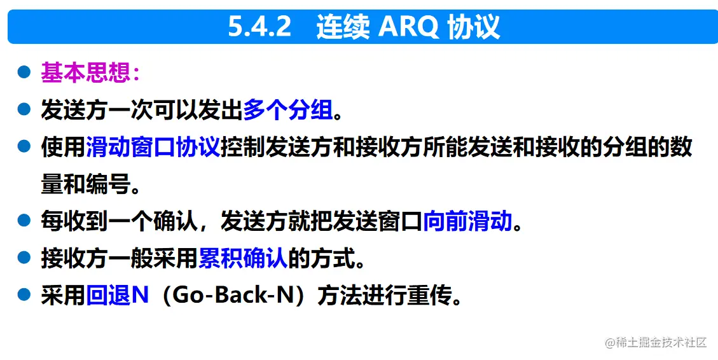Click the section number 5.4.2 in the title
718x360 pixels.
coord(259,27)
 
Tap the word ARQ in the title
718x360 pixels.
coord(404,27)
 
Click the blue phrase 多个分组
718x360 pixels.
coord(288,110)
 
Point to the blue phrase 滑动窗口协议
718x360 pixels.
coord(153,147)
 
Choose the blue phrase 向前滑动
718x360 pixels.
coord(467,221)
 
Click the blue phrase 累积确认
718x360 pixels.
coord(244,258)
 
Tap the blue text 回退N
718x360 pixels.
coord(117,295)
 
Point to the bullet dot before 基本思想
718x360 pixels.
coord(24,73)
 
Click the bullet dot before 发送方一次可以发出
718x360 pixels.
coord(24,109)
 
